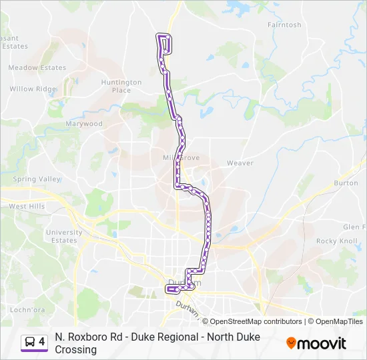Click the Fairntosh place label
coord(284,25)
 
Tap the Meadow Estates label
coord(37,68)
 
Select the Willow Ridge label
coord(33,89)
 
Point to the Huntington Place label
coord(121,87)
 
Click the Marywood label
coord(84,124)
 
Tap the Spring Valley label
coord(37,179)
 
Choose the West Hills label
coord(27,207)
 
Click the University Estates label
coord(64,237)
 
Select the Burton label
coord(346,183)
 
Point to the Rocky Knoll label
coord(337,241)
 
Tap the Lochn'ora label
coord(27,310)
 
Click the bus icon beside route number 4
coord(29,343)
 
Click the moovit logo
coord(316,343)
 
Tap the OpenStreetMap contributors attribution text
coord(252,321)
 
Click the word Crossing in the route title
coord(76,349)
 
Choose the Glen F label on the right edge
coord(353,227)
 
